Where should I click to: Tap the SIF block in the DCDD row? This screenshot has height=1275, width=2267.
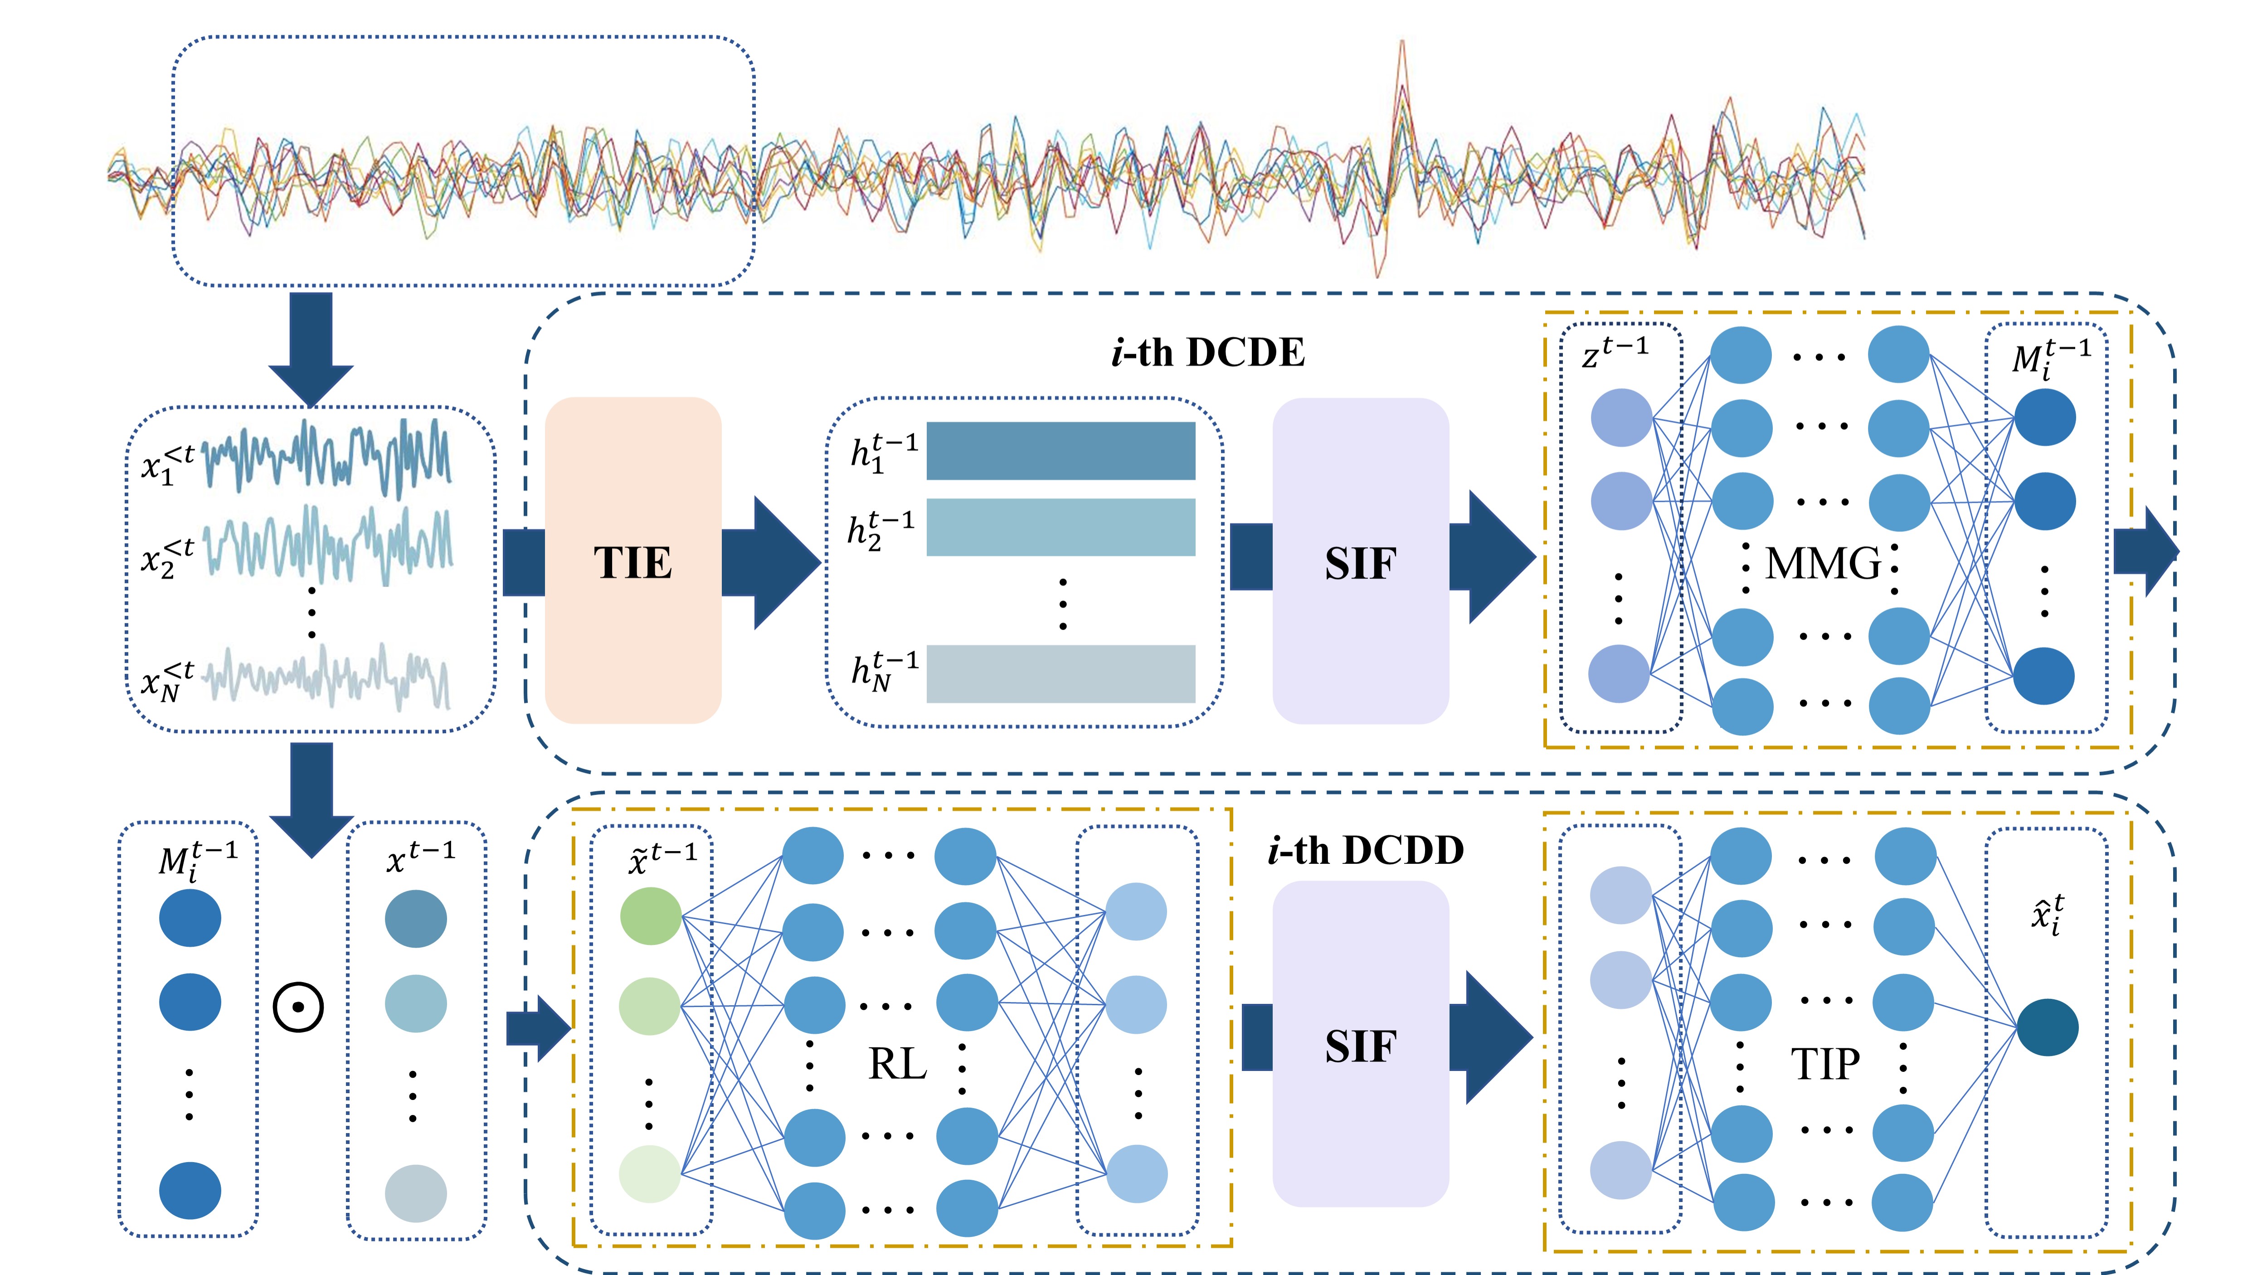click(x=1360, y=1045)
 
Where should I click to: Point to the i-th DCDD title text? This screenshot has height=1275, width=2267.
click(x=1365, y=850)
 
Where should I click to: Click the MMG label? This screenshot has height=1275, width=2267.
click(x=1823, y=563)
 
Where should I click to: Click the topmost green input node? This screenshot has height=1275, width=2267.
click(x=650, y=916)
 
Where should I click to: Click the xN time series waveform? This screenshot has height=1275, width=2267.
click(x=327, y=677)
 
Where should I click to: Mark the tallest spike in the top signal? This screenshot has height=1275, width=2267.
click(x=1401, y=53)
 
